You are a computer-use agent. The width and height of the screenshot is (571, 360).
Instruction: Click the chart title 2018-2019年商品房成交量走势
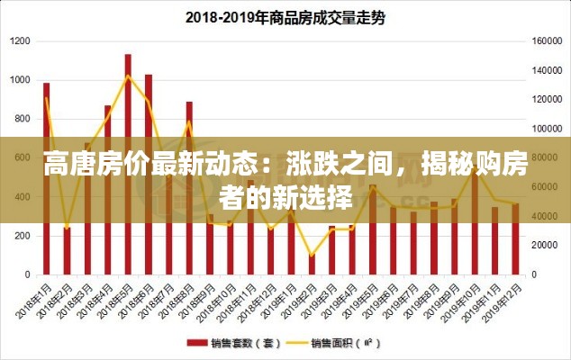pyautogui.click(x=285, y=17)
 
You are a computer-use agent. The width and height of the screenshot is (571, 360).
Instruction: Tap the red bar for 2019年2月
pyautogui.click(x=312, y=262)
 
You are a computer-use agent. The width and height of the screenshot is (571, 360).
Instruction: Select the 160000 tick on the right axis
pyautogui.click(x=547, y=41)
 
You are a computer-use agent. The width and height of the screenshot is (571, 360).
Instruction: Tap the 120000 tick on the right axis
pyautogui.click(x=547, y=100)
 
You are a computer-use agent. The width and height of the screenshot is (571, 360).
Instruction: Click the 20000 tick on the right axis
pyautogui.click(x=545, y=245)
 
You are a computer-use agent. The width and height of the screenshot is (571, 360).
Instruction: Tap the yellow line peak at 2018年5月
pyautogui.click(x=128, y=76)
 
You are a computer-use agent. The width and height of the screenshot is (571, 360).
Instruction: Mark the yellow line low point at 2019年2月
pyautogui.click(x=312, y=256)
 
